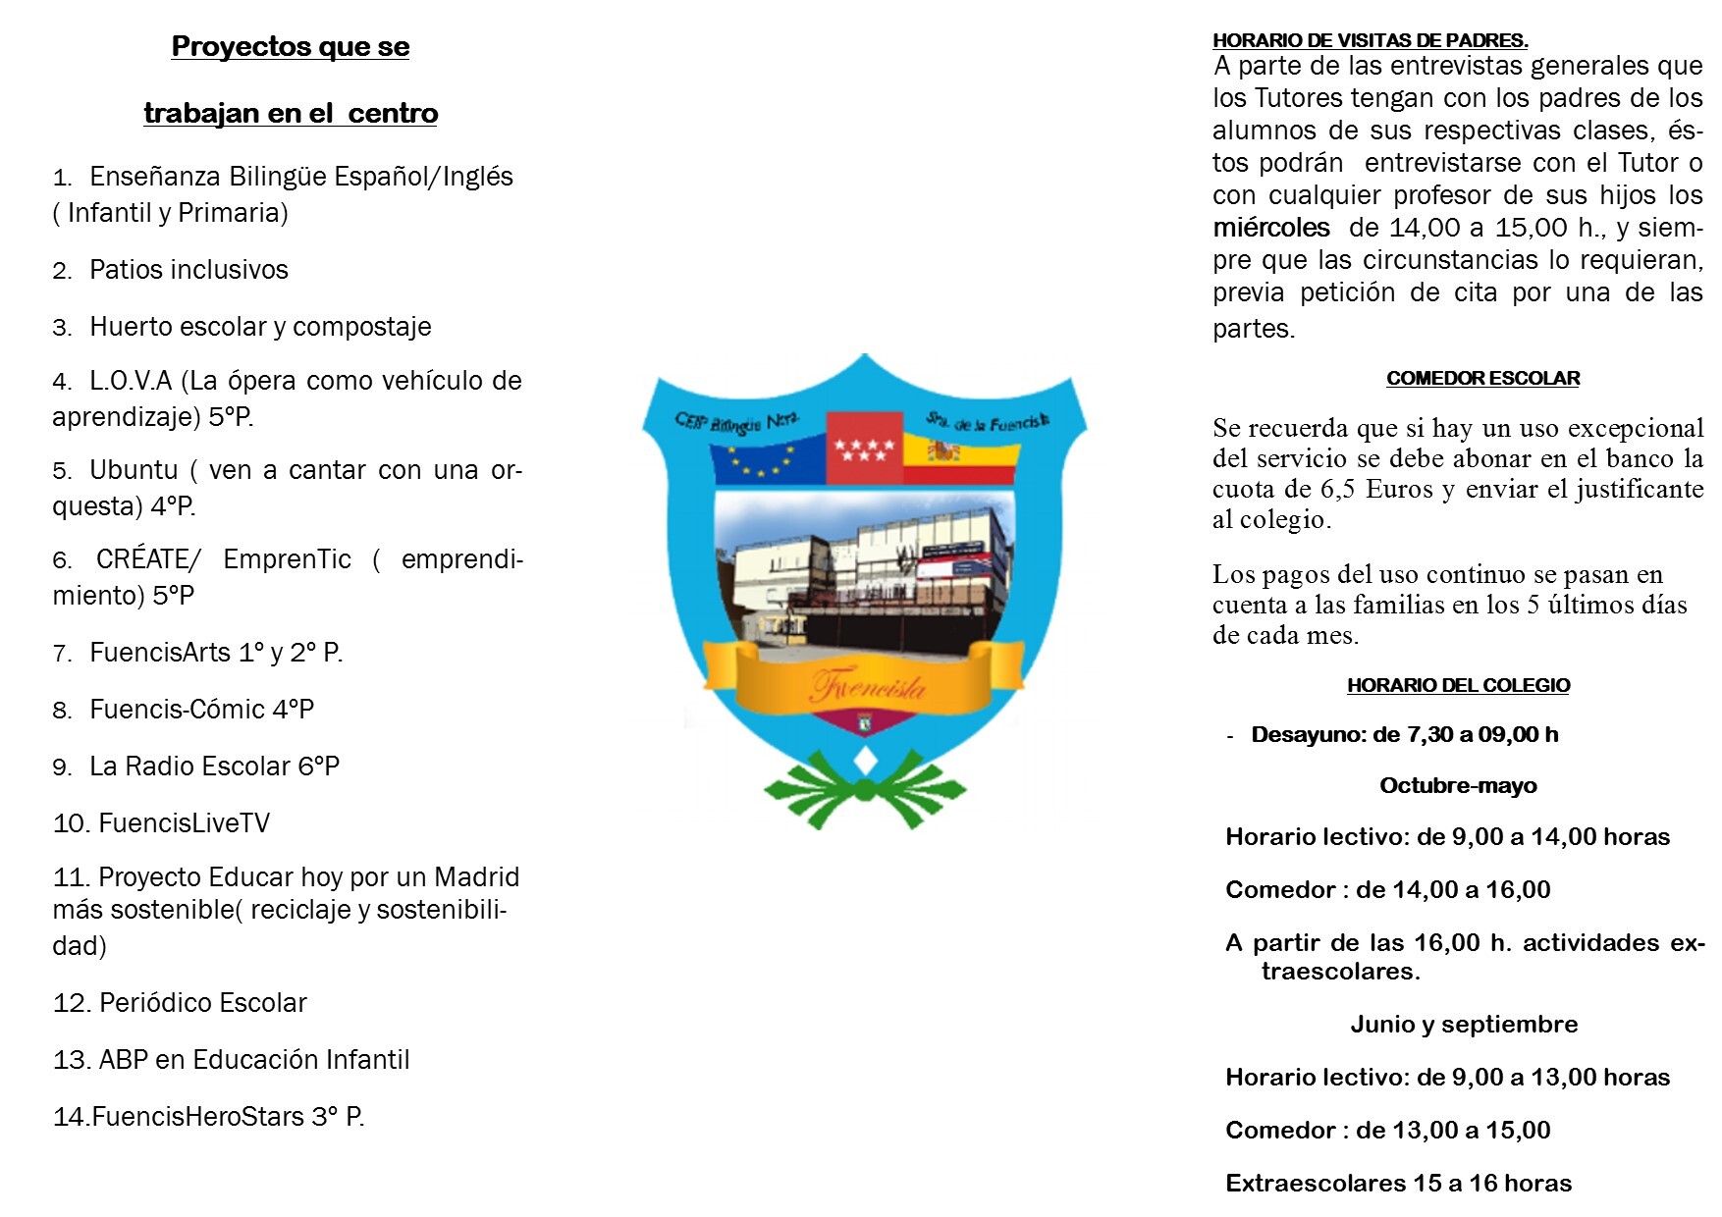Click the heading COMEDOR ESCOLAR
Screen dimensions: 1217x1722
tap(1482, 379)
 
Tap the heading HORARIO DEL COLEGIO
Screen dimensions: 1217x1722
tap(1458, 686)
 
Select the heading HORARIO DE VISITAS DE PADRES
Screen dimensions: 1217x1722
tap(1370, 41)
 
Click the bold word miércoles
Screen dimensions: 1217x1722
tap(1270, 228)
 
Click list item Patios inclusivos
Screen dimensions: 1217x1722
tap(188, 270)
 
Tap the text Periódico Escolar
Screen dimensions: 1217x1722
tap(202, 1003)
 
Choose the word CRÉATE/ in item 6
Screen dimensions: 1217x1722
tap(148, 559)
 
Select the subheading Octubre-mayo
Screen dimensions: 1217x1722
tap(1458, 786)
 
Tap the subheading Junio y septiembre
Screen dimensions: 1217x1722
tap(1464, 1025)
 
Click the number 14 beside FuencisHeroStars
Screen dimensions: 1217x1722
tap(71, 1118)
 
